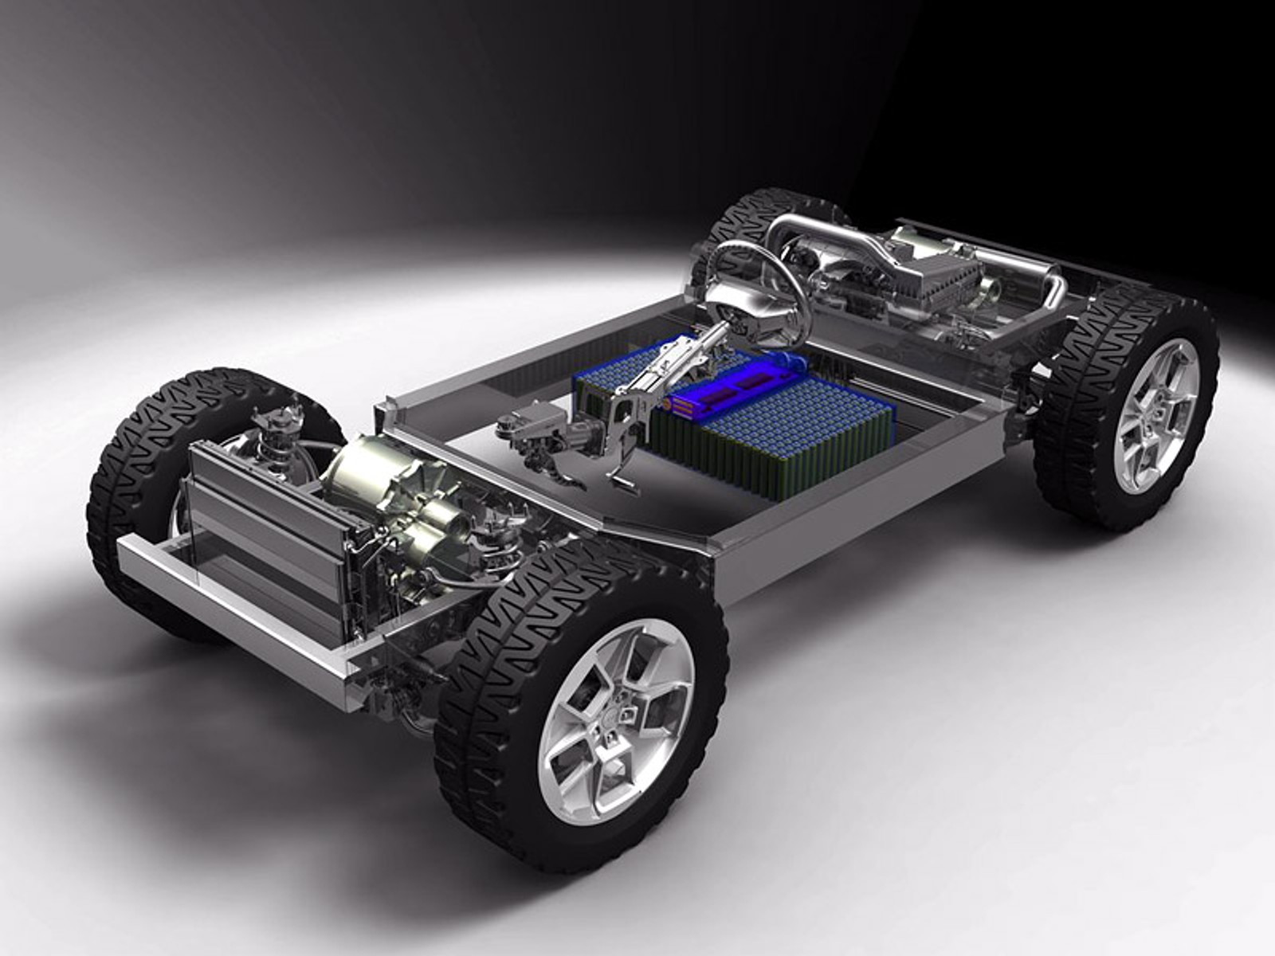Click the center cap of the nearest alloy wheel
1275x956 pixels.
pyautogui.click(x=614, y=721)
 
